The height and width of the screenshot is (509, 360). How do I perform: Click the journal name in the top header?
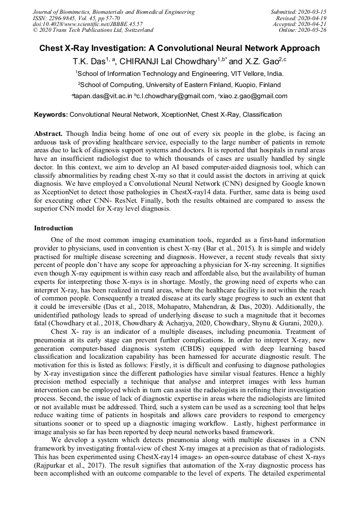tap(114, 12)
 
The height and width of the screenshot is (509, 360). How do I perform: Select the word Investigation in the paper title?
tap(125, 48)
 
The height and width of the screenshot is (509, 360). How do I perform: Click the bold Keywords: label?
tap(51, 114)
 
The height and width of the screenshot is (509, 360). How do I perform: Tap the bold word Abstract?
tap(48, 134)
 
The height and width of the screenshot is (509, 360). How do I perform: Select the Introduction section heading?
tap(54, 228)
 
